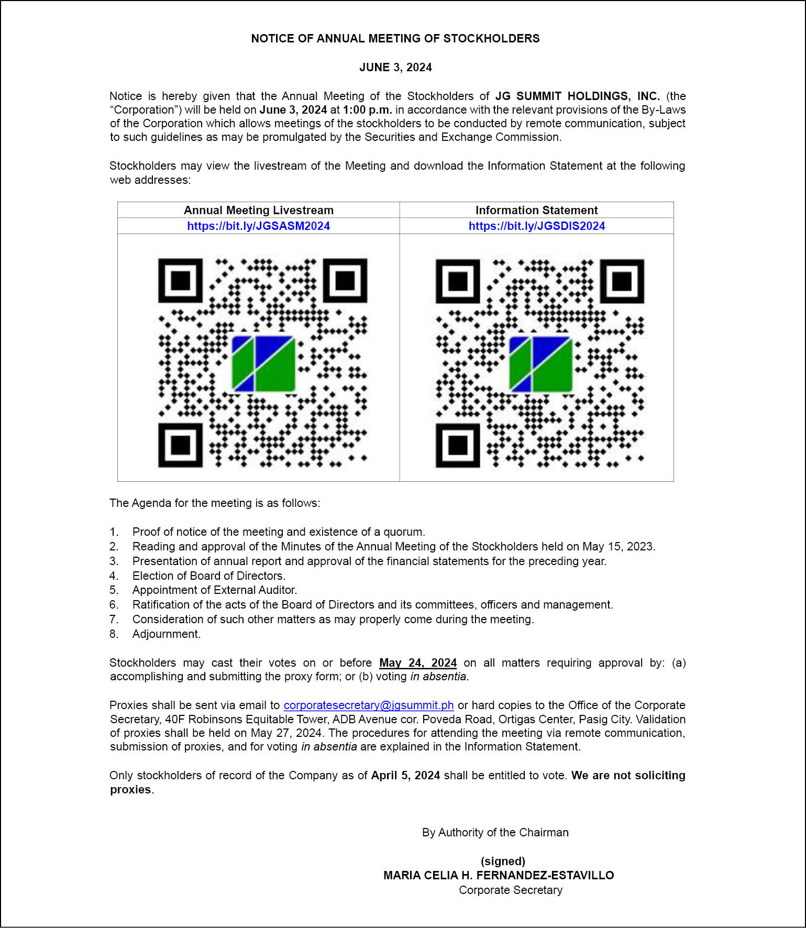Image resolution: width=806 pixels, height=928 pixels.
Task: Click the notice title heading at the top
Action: pyautogui.click(x=395, y=38)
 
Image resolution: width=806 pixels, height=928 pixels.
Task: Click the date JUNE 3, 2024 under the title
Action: pyautogui.click(x=395, y=67)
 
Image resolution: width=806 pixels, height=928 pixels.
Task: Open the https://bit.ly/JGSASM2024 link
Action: pyautogui.click(x=258, y=226)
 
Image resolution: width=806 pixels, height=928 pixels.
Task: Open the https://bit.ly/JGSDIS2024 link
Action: pyautogui.click(x=537, y=226)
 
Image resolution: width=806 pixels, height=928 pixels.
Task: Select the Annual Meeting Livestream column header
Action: pyautogui.click(x=258, y=210)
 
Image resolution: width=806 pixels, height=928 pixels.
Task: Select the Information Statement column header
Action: pyautogui.click(x=536, y=210)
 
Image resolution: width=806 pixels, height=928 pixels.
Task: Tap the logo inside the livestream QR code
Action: pyautogui.click(x=263, y=363)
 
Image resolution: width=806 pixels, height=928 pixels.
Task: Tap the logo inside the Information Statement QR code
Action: pyautogui.click(x=540, y=364)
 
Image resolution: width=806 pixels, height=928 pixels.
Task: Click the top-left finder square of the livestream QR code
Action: pyautogui.click(x=180, y=280)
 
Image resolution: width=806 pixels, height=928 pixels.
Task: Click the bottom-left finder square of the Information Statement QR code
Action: pyautogui.click(x=458, y=445)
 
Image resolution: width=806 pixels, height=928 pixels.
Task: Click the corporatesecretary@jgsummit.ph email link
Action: pyautogui.click(x=369, y=705)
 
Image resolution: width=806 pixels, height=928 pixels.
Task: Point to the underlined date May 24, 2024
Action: pyautogui.click(x=418, y=662)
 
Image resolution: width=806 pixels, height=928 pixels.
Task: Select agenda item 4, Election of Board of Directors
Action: pyautogui.click(x=208, y=576)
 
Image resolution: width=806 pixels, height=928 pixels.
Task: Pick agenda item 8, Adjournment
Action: pyautogui.click(x=166, y=634)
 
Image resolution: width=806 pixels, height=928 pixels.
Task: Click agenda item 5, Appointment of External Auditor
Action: pyautogui.click(x=214, y=590)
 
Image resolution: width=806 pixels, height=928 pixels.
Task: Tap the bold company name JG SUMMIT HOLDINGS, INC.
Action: pyautogui.click(x=577, y=96)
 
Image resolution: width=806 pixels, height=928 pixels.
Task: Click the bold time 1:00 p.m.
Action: pyautogui.click(x=367, y=109)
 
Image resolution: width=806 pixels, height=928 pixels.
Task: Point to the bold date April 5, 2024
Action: pyautogui.click(x=405, y=775)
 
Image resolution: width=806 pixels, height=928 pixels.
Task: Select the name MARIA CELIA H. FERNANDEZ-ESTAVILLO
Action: pyautogui.click(x=499, y=875)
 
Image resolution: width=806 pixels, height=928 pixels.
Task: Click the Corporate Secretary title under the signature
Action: pyautogui.click(x=511, y=890)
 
